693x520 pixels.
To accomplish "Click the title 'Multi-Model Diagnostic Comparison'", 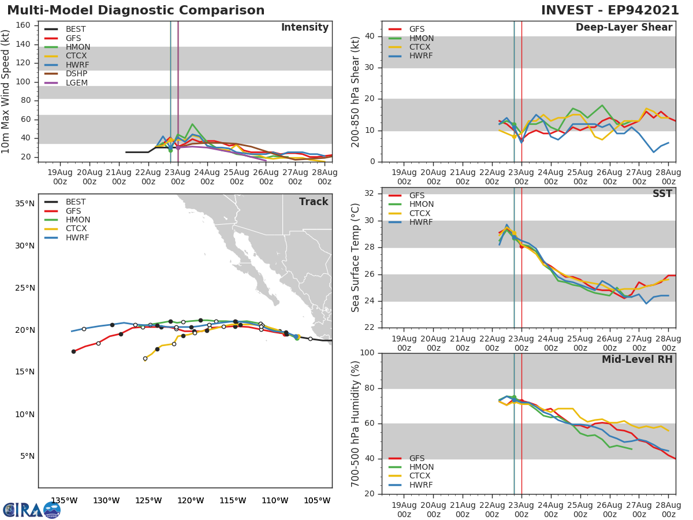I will (136, 10).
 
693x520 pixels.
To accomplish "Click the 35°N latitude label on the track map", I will (24, 203).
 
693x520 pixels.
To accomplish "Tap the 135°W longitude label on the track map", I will (64, 500).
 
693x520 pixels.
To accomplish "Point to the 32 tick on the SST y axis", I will (372, 194).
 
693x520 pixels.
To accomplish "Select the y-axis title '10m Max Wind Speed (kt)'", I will (6, 92).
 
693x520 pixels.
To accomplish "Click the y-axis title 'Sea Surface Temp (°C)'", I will (356, 258).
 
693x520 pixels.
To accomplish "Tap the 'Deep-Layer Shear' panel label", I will (624, 28).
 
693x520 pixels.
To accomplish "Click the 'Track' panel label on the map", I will (313, 202).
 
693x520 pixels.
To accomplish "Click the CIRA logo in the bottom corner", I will (31, 509).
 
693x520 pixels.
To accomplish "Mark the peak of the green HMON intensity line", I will (192, 124).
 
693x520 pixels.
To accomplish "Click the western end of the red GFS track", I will (73, 351).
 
